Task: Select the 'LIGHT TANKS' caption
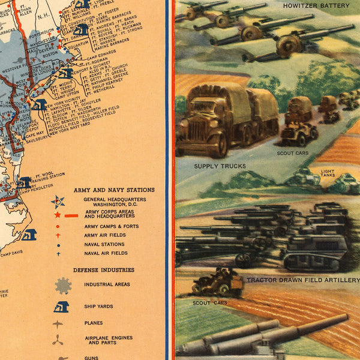[327, 173]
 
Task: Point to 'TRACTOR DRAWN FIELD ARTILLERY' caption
[302, 280]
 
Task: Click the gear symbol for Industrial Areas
[63, 284]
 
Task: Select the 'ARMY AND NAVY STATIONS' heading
[114, 190]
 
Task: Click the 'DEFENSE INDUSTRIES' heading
[104, 270]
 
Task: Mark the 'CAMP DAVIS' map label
[11, 254]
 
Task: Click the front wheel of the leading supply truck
[217, 146]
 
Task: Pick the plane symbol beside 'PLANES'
[58, 324]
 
